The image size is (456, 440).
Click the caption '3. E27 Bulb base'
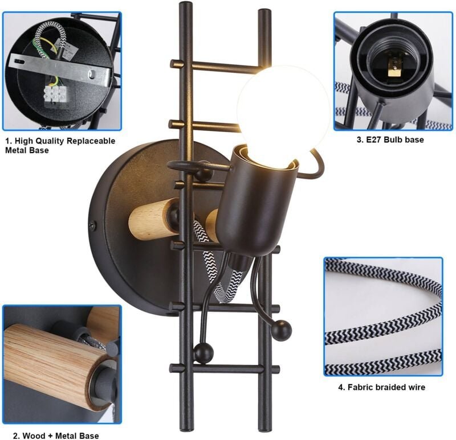click(390, 139)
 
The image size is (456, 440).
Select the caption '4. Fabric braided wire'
click(381, 387)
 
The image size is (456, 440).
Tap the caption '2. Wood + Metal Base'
click(56, 435)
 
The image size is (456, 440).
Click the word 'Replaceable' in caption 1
click(91, 141)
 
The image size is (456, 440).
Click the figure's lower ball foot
click(203, 352)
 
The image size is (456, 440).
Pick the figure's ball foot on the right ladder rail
click(281, 330)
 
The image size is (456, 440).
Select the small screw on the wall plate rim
click(93, 225)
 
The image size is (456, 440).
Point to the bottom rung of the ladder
click(225, 369)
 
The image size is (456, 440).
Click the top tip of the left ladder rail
click(186, 4)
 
